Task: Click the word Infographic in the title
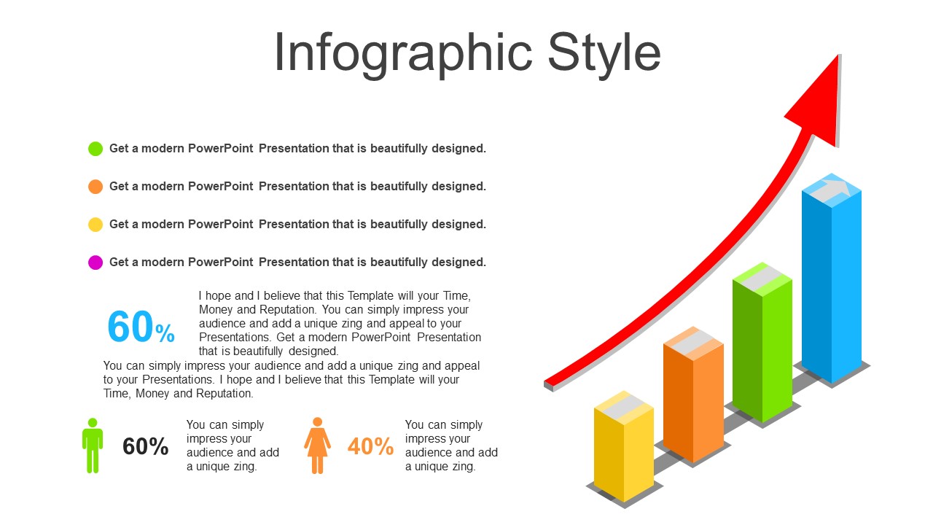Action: point(403,55)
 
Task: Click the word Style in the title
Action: point(604,55)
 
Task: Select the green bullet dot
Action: point(95,148)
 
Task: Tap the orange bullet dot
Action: point(95,186)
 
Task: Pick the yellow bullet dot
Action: point(95,224)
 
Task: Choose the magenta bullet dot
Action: point(95,262)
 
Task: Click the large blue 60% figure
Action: point(141,327)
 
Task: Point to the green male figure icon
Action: point(93,446)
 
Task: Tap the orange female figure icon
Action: point(317,446)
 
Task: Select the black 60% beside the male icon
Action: point(145,446)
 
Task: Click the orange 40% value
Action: point(370,446)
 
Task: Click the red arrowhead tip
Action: point(838,55)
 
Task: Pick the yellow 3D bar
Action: point(623,446)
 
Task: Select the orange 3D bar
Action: point(693,394)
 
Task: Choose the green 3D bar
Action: point(762,342)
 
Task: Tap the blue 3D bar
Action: point(832,278)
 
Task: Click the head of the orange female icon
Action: point(317,421)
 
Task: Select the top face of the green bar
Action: point(762,279)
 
